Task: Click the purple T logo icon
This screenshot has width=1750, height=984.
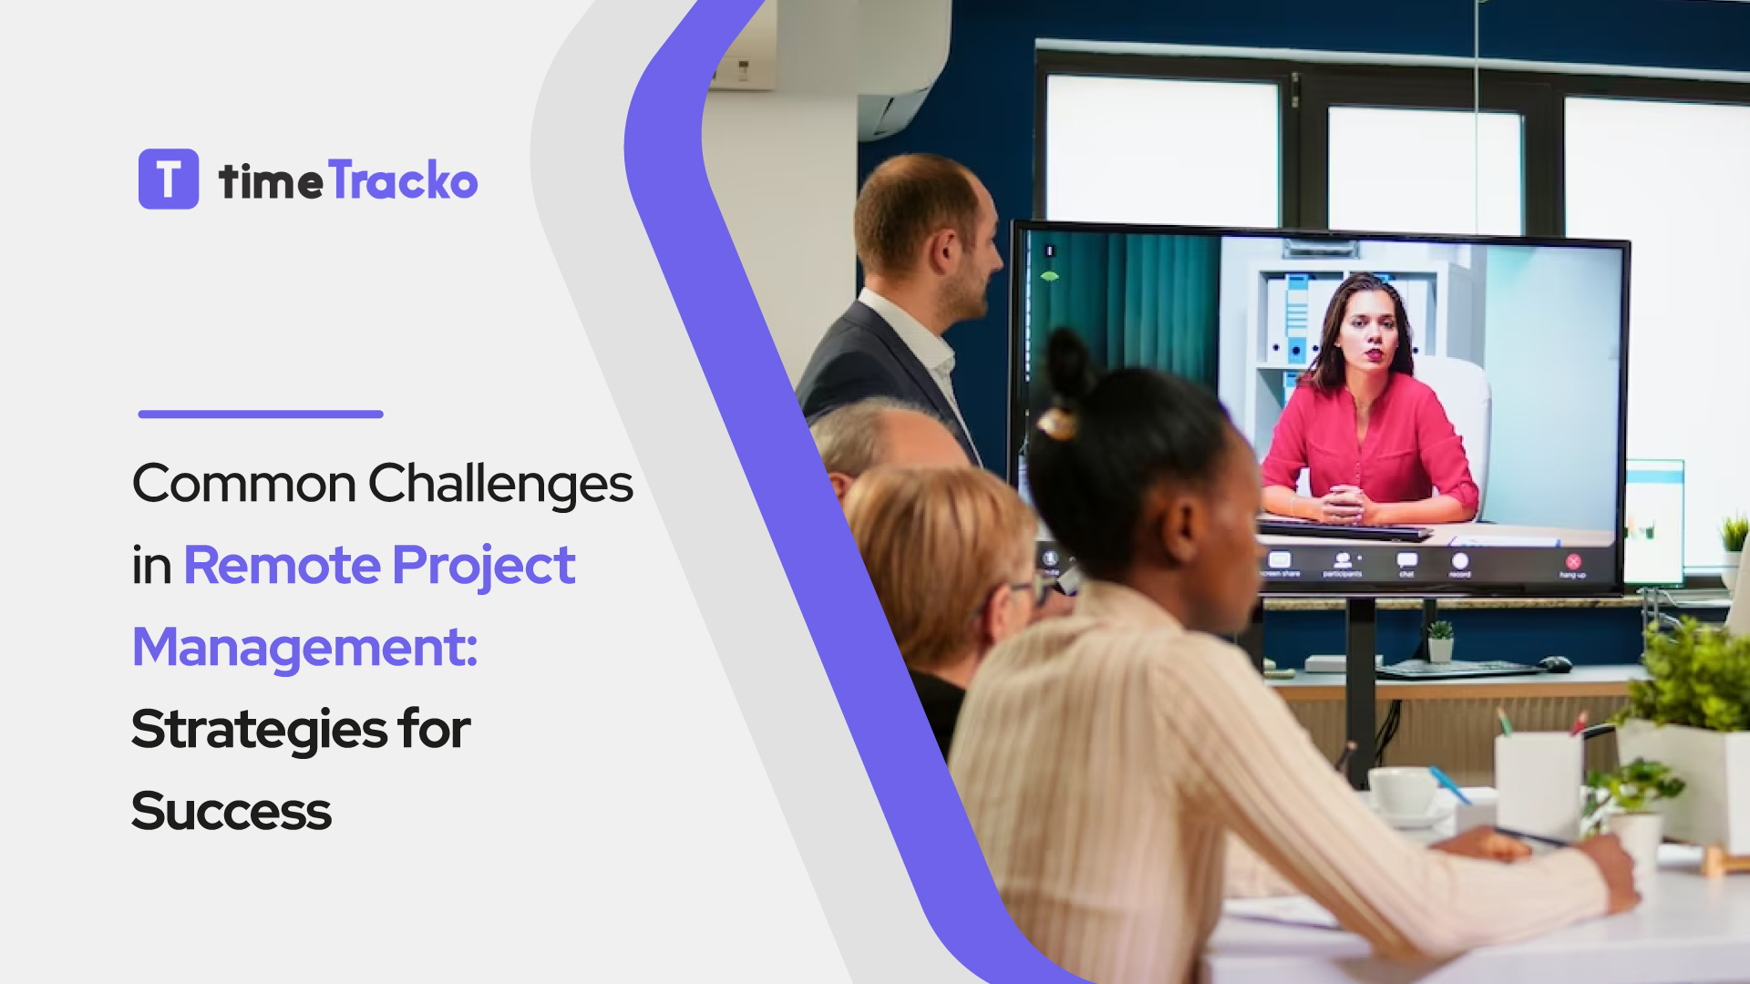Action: [169, 179]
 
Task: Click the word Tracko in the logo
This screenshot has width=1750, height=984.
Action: [403, 179]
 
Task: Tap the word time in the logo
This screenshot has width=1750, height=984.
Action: [271, 181]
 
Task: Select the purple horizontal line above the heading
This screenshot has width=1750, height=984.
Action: [261, 414]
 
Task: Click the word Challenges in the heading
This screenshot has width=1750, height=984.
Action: [500, 484]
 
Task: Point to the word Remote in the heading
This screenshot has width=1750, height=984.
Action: [283, 565]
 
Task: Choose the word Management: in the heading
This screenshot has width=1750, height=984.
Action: [305, 647]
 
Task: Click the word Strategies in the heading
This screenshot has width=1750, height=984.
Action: [260, 729]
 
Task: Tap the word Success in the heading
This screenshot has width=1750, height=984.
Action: [232, 811]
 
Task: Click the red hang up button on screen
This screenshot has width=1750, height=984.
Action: [1572, 562]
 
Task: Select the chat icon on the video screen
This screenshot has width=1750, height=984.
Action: [1406, 560]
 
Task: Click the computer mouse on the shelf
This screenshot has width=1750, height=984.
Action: [1554, 663]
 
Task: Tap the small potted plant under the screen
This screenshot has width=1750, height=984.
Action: [1440, 641]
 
